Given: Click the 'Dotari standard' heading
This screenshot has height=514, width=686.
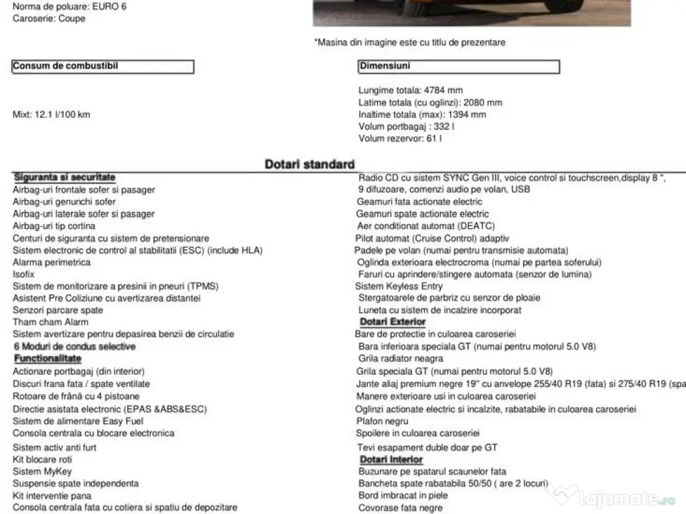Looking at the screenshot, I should pyautogui.click(x=310, y=164).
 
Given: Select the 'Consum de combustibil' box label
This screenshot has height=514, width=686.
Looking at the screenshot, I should pyautogui.click(x=70, y=66).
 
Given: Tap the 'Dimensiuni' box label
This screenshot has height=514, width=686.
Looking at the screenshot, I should pyautogui.click(x=385, y=66).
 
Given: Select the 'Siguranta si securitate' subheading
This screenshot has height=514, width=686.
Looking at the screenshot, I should pyautogui.click(x=64, y=177).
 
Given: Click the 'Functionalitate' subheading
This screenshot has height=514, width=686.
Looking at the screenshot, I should pyautogui.click(x=48, y=359).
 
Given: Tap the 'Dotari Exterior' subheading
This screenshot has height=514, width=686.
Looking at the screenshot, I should pyautogui.click(x=393, y=322).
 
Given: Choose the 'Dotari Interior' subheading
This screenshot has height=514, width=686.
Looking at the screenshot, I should pyautogui.click(x=391, y=459).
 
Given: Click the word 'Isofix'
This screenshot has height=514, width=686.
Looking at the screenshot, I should pyautogui.click(x=23, y=274).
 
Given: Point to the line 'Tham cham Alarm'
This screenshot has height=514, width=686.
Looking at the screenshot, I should pyautogui.click(x=50, y=322).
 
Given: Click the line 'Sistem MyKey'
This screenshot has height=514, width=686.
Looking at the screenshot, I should pyautogui.click(x=42, y=471).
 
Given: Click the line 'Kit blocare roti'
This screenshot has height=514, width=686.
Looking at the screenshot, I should pyautogui.click(x=42, y=459).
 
